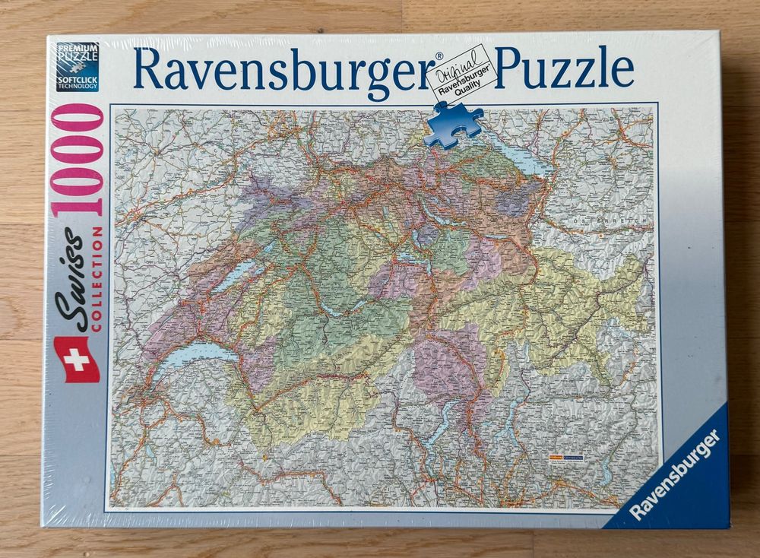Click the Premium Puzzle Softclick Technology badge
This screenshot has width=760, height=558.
pyautogui.click(x=78, y=67)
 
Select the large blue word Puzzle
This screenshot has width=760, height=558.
pyautogui.click(x=565, y=68)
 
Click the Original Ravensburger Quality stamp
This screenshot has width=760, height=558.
pyautogui.click(x=464, y=75)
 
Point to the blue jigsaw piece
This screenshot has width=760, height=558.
pyautogui.click(x=454, y=122)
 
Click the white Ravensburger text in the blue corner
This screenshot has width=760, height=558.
pyautogui.click(x=673, y=474)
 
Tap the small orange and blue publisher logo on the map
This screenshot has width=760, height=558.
pyautogui.click(x=565, y=458)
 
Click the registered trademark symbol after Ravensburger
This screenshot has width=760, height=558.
pyautogui.click(x=438, y=55)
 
